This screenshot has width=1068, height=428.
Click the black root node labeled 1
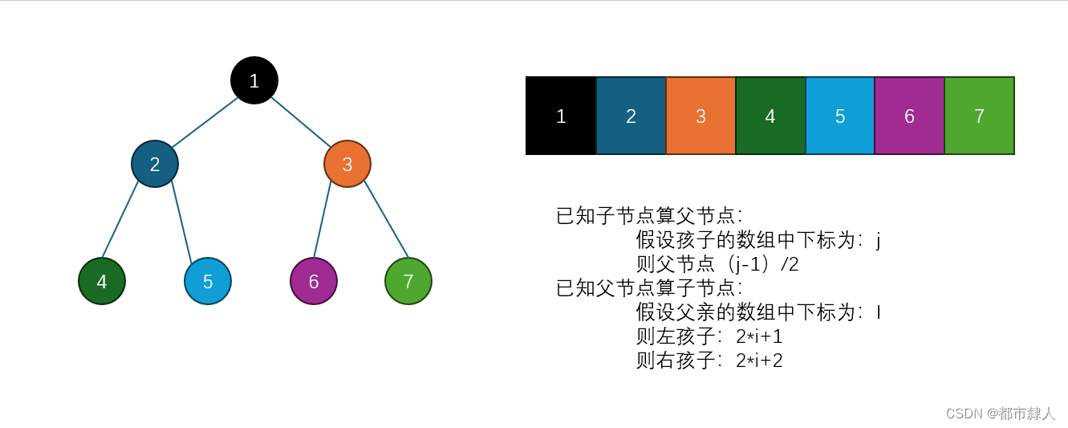(x=254, y=80)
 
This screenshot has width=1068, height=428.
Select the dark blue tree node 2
(x=155, y=164)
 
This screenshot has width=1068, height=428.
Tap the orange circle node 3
(x=347, y=164)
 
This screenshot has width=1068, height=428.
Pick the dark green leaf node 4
(x=102, y=281)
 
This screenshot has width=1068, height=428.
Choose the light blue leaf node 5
(x=208, y=281)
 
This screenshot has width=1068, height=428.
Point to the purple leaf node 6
(x=314, y=281)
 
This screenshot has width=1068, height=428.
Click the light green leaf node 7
(x=408, y=281)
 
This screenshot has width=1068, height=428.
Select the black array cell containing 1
(x=561, y=116)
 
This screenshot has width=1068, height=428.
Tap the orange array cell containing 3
(x=700, y=116)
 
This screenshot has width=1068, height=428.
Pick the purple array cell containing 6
(x=909, y=116)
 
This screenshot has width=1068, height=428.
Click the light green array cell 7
(x=979, y=116)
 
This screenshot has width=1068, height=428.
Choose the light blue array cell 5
(x=840, y=116)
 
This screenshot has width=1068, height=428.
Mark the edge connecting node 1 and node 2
(x=205, y=122)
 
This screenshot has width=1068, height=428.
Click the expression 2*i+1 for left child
(x=759, y=336)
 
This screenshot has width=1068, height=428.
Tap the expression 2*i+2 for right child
(x=759, y=361)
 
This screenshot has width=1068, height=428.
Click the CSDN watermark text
(x=1001, y=414)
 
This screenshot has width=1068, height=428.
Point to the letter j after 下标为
(x=879, y=240)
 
